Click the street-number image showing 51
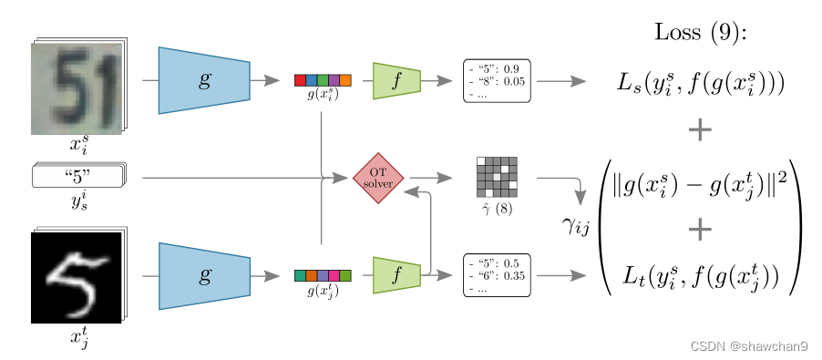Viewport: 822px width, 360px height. tap(77, 88)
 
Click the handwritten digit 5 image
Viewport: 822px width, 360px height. tap(77, 277)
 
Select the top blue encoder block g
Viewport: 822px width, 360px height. tap(204, 80)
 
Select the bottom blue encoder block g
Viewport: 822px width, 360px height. tap(204, 275)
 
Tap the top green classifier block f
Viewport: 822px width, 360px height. tap(396, 80)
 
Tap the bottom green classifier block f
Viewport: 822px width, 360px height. tap(396, 275)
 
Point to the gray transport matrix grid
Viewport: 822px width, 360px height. tap(497, 177)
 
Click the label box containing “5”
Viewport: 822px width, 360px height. tap(77, 175)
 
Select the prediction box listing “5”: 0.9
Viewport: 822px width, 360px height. tap(497, 80)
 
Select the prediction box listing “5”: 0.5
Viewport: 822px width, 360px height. tap(497, 275)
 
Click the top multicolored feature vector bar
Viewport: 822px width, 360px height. tap(323, 80)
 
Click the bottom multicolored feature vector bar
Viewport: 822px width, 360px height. tap(323, 275)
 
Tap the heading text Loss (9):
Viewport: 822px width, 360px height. tap(700, 32)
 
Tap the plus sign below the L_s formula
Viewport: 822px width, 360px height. tap(700, 131)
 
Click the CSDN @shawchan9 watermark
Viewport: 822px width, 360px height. tap(749, 346)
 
